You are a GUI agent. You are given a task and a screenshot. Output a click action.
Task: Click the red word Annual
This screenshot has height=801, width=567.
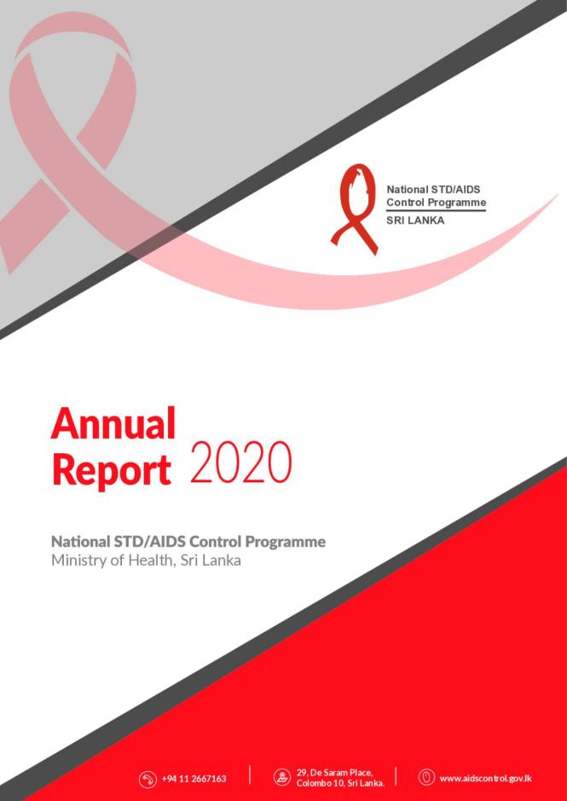(x=113, y=424)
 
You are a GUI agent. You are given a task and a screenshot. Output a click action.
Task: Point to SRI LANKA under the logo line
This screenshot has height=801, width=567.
(x=415, y=220)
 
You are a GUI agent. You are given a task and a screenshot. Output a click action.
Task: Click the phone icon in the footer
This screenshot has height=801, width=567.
(x=148, y=778)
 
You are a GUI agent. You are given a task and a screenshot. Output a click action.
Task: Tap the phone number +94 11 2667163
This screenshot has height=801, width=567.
(x=194, y=778)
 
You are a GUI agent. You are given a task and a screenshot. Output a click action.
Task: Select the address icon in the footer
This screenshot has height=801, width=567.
(x=282, y=778)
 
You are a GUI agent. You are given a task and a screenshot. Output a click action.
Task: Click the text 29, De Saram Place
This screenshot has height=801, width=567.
(x=334, y=772)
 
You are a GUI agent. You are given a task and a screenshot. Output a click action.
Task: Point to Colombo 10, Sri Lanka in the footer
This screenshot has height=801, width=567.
(x=340, y=783)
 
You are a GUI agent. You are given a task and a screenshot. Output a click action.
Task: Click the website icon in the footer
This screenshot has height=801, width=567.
(x=426, y=777)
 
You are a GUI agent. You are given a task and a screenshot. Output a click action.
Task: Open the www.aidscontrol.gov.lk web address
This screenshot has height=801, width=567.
(x=487, y=778)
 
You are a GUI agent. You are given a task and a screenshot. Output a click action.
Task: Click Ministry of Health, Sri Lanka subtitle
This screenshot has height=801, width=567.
(x=146, y=561)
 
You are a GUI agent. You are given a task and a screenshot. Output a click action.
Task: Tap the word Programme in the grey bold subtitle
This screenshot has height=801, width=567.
(x=286, y=542)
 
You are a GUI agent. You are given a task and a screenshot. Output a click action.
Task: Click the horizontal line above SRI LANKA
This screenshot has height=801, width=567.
(x=436, y=210)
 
